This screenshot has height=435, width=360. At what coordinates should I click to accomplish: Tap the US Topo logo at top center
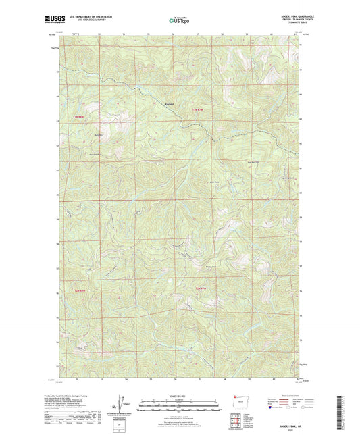click(x=179, y=21)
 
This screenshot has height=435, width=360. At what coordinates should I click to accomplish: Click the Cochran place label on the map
click(x=170, y=103)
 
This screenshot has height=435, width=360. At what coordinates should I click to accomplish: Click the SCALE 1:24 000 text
click(x=180, y=395)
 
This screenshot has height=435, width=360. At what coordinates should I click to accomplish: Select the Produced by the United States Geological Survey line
click(x=85, y=394)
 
